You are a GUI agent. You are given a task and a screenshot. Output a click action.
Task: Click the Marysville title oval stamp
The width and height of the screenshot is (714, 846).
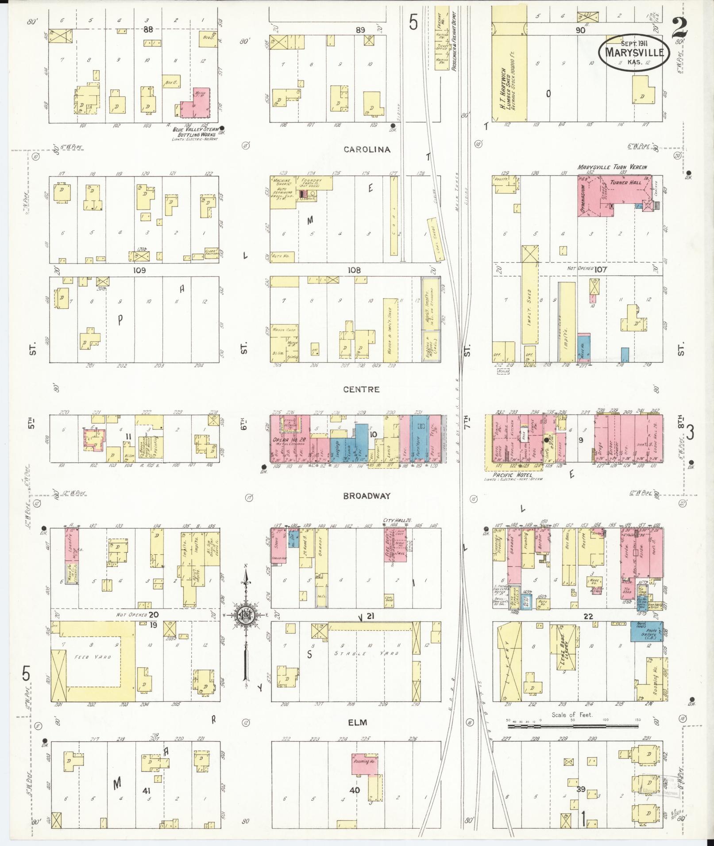(634, 52)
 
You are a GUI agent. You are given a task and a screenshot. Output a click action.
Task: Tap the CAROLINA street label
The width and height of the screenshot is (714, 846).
(367, 149)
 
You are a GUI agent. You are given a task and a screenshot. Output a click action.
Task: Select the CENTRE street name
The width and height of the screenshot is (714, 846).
(361, 390)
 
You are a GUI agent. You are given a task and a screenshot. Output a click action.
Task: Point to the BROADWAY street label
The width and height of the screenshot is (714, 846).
(367, 496)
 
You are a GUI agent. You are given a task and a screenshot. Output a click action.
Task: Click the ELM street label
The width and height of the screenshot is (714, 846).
(358, 723)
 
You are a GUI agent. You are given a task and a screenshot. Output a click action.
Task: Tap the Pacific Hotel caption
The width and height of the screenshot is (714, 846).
(513, 474)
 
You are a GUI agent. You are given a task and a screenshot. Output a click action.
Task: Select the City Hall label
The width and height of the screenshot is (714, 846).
(392, 520)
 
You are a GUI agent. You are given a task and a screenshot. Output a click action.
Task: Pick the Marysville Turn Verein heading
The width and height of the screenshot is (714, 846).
(612, 167)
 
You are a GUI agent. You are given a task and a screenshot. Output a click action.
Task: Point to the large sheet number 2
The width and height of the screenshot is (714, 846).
(679, 27)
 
